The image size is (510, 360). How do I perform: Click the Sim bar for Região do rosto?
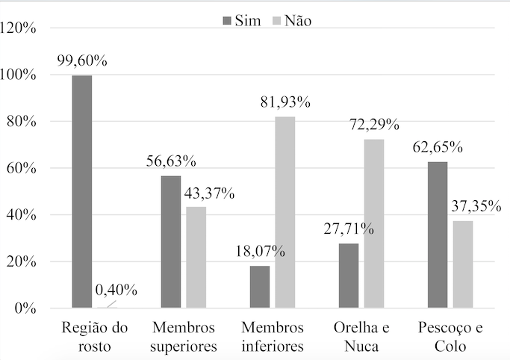[82, 192]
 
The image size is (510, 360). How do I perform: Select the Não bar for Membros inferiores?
[284, 212]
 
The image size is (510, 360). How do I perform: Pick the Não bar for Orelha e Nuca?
[373, 223]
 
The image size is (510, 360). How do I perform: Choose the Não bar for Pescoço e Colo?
[462, 264]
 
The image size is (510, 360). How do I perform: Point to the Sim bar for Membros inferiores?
[260, 287]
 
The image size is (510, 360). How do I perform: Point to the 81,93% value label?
[284, 102]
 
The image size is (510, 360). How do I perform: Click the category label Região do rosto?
[94, 337]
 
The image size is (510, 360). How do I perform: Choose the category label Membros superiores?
[183, 337]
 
